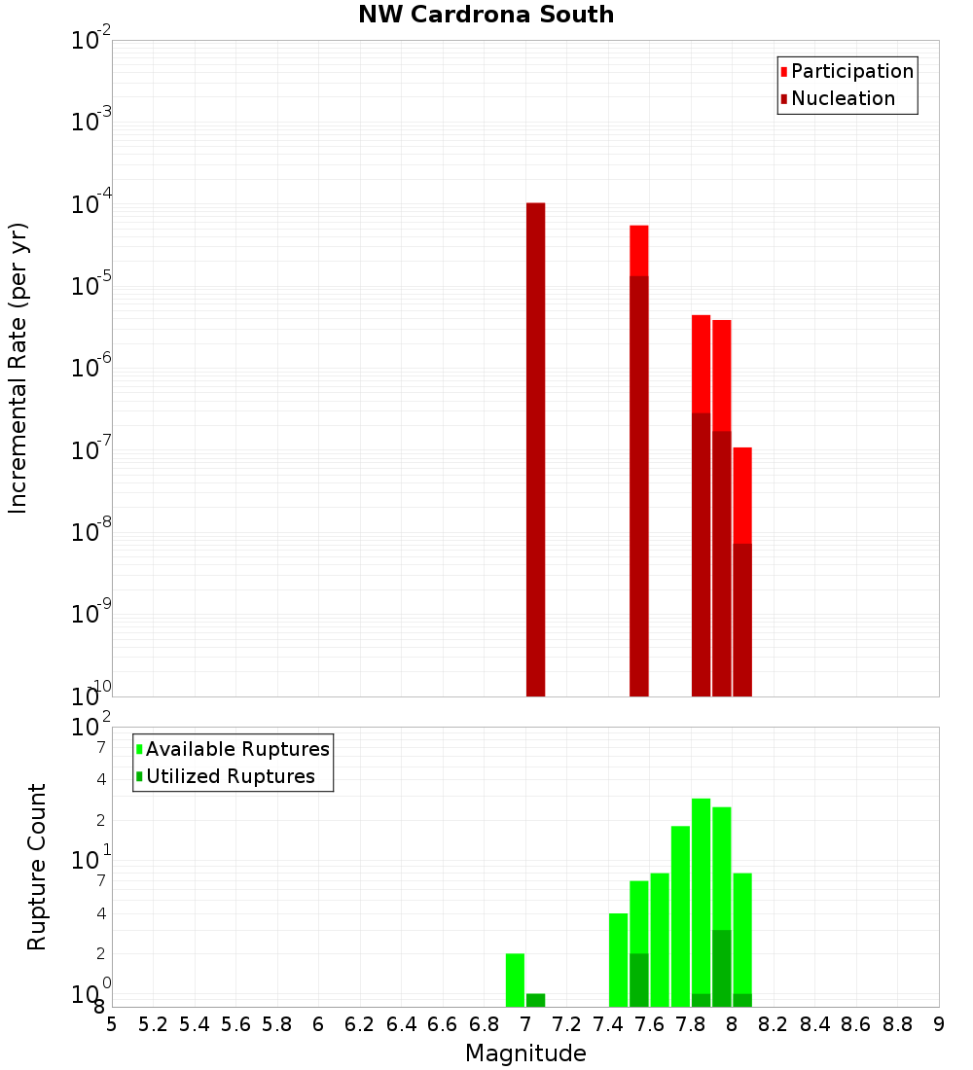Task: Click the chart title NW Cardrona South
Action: [486, 15]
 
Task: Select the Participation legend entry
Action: [847, 71]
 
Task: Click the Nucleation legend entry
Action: [837, 98]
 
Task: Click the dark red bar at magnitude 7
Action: [535, 447]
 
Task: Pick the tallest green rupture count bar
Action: [701, 895]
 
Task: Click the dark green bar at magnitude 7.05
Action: [535, 1000]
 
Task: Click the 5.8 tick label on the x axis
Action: [277, 1023]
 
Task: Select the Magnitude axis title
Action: [525, 1053]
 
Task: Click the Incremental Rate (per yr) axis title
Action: [18, 368]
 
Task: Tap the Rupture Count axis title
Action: [37, 866]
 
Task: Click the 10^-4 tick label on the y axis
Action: [91, 203]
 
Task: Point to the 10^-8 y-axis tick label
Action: [91, 531]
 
